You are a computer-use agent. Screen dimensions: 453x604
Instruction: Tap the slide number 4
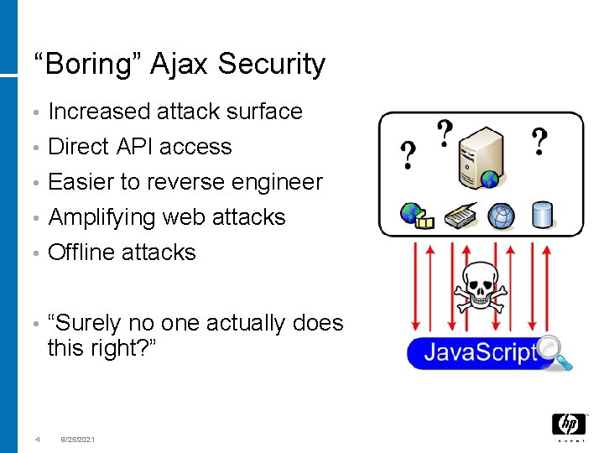pyautogui.click(x=37, y=439)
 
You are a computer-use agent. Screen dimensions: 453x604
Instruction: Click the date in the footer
pyautogui.click(x=78, y=439)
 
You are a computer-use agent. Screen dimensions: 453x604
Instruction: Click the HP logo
pyautogui.click(x=568, y=425)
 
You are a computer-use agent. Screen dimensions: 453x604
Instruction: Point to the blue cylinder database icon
pyautogui.click(x=543, y=215)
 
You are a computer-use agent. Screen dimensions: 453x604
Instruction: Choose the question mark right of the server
pyautogui.click(x=541, y=142)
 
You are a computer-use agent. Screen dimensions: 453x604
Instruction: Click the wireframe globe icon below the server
pyautogui.click(x=502, y=215)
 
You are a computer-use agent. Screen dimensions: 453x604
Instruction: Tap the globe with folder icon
pyautogui.click(x=414, y=215)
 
